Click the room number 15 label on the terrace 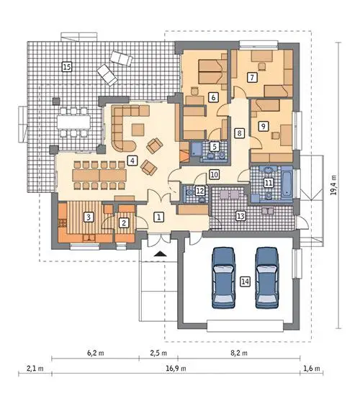(x=67, y=67)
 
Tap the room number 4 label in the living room (x=132, y=161)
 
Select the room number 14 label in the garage (x=245, y=281)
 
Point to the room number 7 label (x=252, y=77)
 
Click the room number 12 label (x=200, y=191)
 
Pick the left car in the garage (x=223, y=277)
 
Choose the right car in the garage (x=267, y=277)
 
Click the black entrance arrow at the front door (x=161, y=253)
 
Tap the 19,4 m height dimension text (x=333, y=185)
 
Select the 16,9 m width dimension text (x=176, y=369)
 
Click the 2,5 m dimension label (x=158, y=353)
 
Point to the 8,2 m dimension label (x=239, y=353)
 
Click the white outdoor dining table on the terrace (x=73, y=122)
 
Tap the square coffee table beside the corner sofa (x=138, y=130)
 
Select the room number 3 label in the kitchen (x=89, y=217)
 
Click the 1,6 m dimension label (x=312, y=369)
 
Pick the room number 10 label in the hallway (x=215, y=175)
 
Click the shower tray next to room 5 (x=197, y=149)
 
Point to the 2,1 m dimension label (x=35, y=369)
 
